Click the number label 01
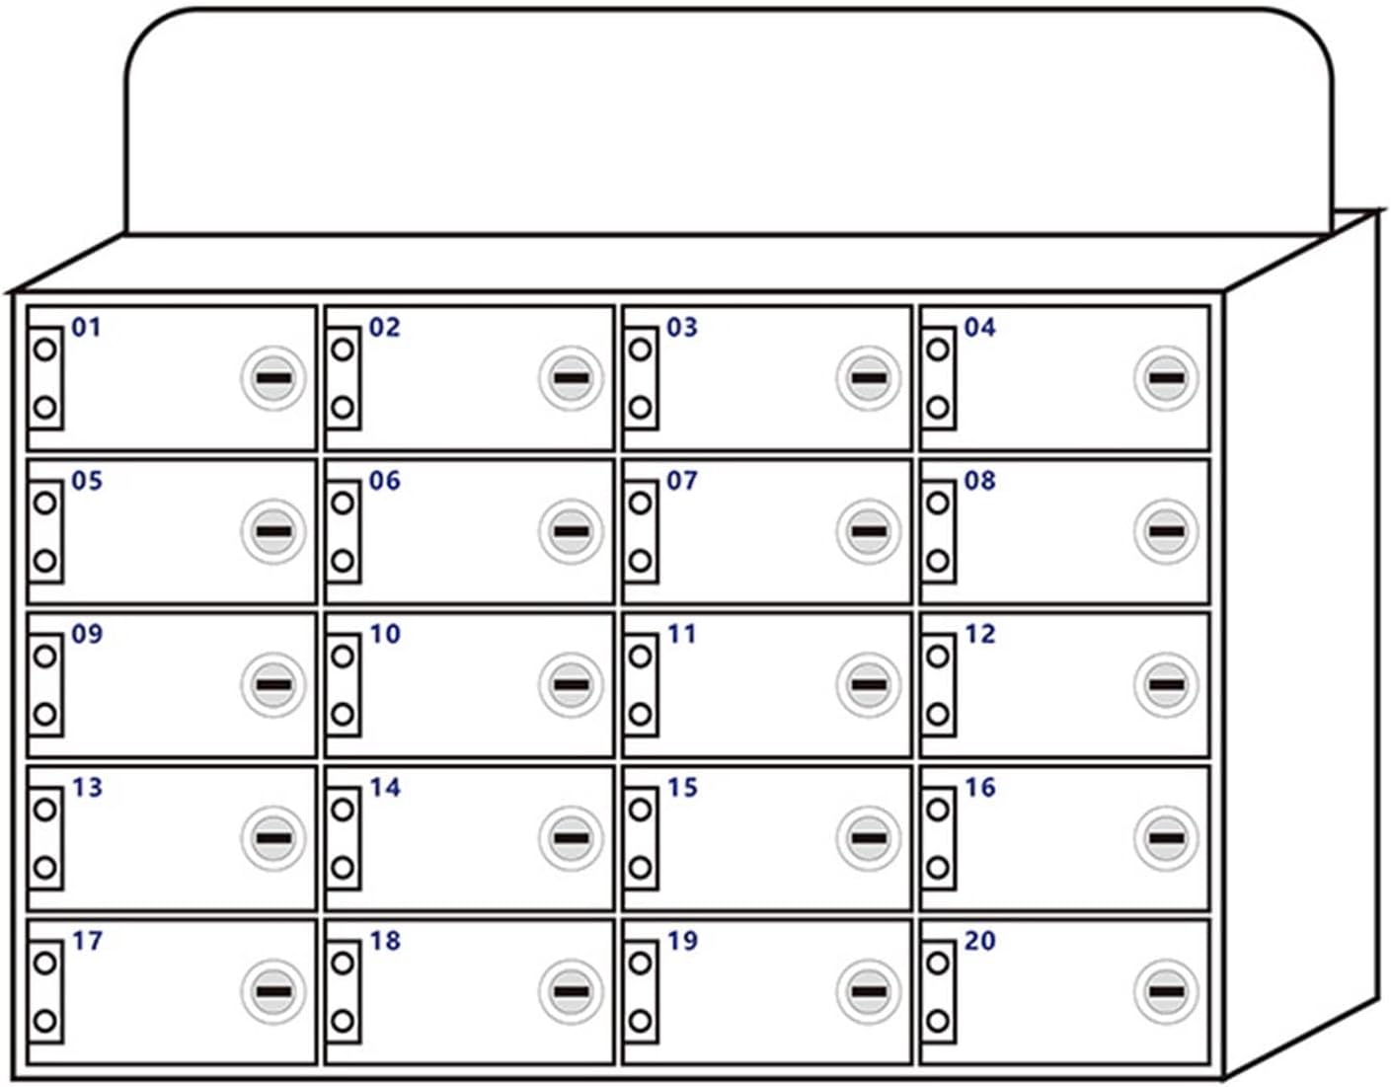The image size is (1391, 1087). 87,327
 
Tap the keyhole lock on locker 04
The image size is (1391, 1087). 1166,378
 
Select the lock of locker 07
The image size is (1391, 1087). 868,531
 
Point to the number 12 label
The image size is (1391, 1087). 979,634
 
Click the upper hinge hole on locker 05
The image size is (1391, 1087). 44,503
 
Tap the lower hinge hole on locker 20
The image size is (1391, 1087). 938,1021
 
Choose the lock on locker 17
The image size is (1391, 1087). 273,991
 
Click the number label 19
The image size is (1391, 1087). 682,941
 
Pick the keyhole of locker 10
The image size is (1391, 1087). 571,684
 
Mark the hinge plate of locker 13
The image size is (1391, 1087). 45,839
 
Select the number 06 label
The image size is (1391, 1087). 384,481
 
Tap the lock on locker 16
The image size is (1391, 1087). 1166,838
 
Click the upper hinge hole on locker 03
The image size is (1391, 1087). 640,349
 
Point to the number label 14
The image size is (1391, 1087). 384,788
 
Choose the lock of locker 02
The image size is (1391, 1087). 571,378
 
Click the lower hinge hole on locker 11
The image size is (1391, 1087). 640,714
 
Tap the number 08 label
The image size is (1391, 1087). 979,481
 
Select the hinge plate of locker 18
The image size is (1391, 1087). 343,992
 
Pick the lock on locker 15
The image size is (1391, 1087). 868,838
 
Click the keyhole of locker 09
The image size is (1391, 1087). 273,684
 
